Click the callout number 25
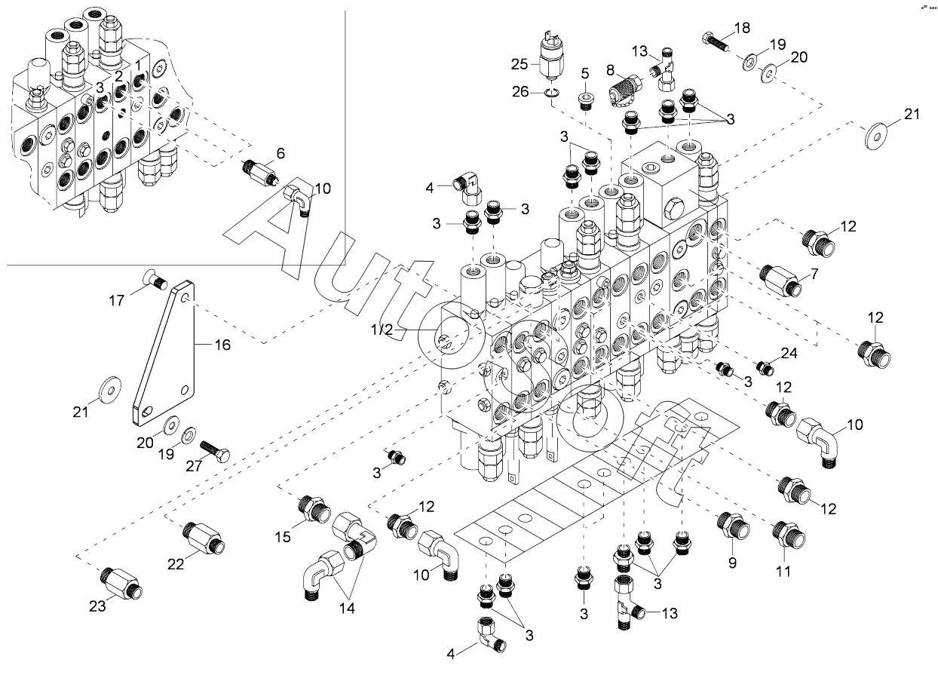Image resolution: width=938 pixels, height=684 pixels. point(520,65)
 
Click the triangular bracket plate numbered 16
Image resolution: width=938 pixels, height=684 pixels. point(165,353)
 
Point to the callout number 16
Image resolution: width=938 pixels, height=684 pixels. point(222,345)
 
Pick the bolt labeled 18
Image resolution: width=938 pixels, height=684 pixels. point(716,42)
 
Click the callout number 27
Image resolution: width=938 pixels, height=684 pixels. point(194,466)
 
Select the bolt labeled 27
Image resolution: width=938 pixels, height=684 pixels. point(214,451)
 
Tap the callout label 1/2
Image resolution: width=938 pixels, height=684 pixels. point(382,330)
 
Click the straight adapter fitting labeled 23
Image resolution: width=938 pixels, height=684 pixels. point(121,583)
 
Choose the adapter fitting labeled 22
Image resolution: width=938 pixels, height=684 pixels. point(204,538)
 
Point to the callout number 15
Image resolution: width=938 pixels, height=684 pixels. point(283,537)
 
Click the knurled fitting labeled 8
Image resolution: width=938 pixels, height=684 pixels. point(625,88)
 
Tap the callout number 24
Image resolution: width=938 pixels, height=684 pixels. point(789,353)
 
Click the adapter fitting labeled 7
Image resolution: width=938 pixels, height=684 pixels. point(780,280)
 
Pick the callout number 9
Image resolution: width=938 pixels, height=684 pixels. point(732,563)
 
